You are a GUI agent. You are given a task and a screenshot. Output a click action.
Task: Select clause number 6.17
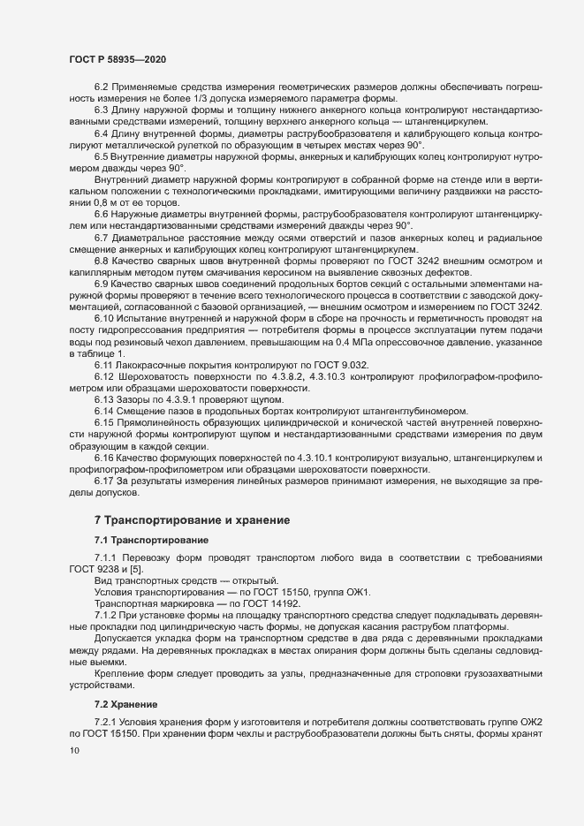pos(104,480)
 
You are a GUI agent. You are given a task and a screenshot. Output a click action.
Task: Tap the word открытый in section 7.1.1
pos(250,580)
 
